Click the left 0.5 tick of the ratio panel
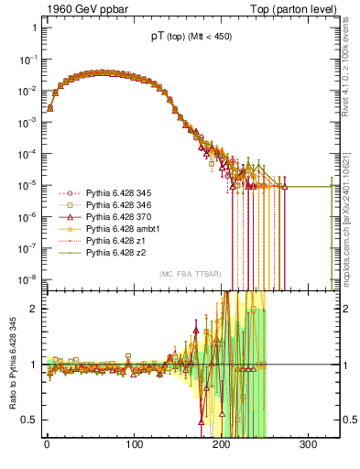click(x=30, y=420)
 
